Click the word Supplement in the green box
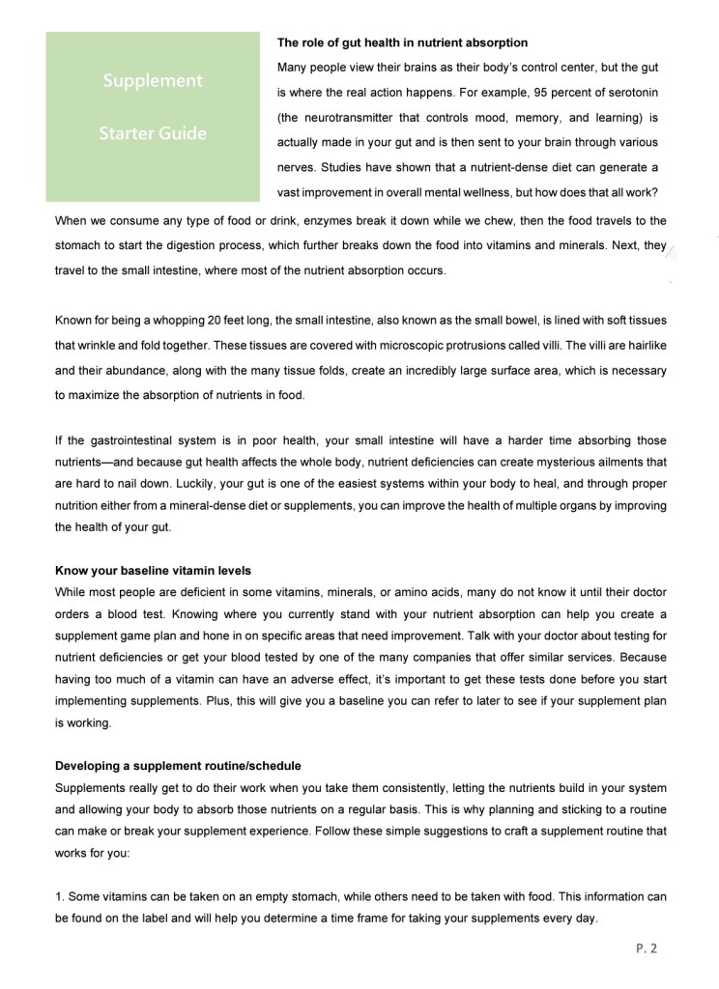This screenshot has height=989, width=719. pos(153,81)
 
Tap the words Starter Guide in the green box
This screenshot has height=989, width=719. pos(153,133)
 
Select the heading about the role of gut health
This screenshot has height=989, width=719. pos(402,42)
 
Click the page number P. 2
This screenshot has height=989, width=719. pos(647,948)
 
